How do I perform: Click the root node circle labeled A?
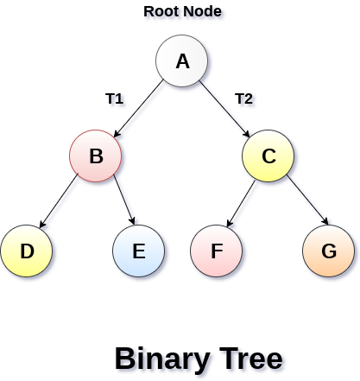(182, 61)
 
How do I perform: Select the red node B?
(96, 156)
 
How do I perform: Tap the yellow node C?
(268, 156)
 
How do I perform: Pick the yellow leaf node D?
(27, 251)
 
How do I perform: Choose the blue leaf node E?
(139, 251)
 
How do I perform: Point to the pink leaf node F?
(217, 251)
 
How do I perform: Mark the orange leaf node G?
(329, 251)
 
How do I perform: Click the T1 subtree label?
(114, 98)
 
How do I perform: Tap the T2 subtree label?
(243, 98)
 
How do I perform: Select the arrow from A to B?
(138, 109)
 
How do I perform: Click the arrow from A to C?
(226, 109)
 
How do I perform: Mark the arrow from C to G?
(307, 201)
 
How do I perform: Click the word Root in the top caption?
(161, 12)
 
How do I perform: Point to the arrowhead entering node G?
(325, 223)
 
